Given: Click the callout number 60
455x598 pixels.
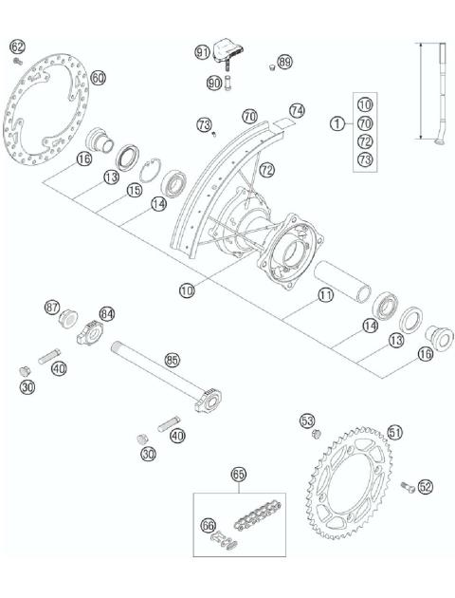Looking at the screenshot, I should (99, 78).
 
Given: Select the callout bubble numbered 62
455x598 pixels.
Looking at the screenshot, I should (16, 46).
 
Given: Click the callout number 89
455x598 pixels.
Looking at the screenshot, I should (285, 62).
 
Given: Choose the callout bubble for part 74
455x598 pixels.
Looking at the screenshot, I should (298, 110).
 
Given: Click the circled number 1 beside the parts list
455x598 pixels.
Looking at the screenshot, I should (337, 122).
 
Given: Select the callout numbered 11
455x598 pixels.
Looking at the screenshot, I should (326, 296).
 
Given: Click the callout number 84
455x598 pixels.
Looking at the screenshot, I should (107, 313).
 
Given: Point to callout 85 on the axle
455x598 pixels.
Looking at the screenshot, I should (172, 360).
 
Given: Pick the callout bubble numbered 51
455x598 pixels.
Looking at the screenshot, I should (395, 432).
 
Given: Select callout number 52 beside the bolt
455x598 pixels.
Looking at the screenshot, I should (425, 486).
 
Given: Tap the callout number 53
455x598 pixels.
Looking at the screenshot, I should (306, 420).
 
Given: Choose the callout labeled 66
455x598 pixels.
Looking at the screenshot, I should (209, 523).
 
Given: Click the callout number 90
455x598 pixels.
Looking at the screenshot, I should (215, 83).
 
